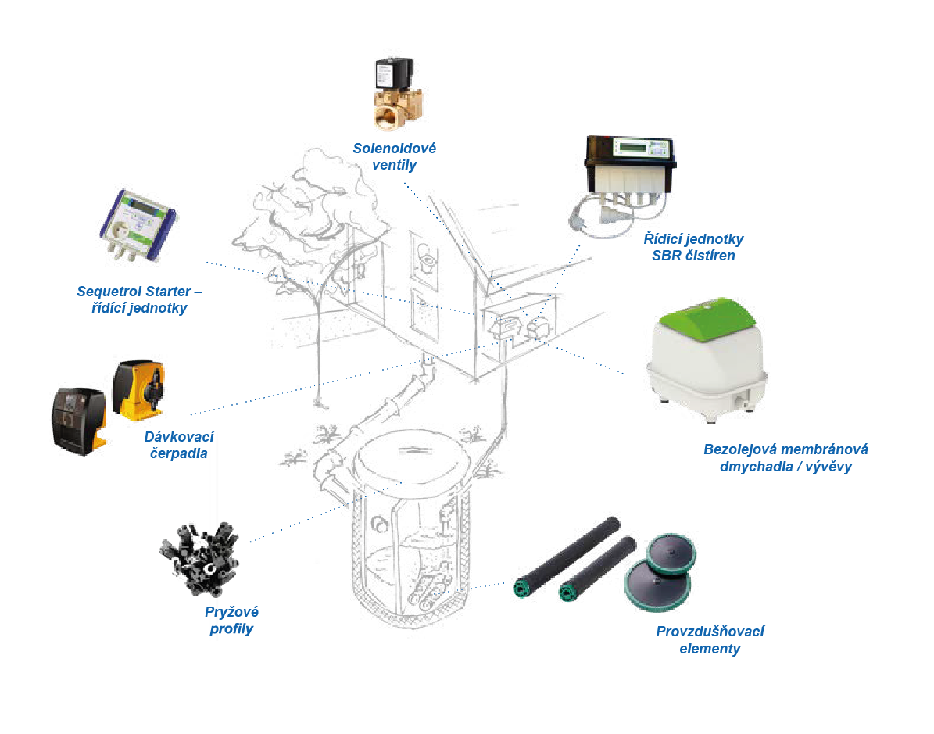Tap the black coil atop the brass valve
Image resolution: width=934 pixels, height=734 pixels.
394,75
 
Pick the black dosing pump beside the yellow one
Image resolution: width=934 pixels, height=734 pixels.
79,418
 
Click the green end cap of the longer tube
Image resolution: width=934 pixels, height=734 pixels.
518,589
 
